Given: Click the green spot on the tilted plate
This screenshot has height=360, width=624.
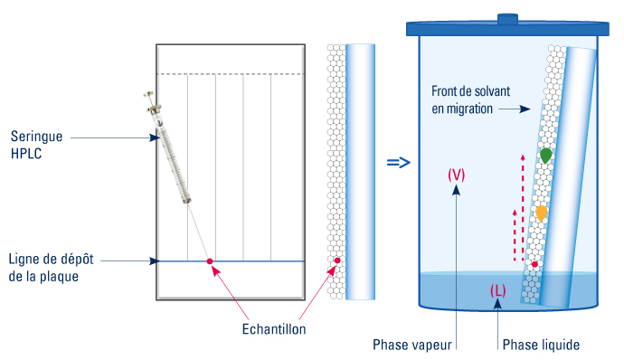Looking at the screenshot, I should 545,156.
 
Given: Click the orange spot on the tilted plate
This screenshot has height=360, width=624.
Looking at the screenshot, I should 541,213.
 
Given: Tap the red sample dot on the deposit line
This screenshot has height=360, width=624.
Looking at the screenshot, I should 211,261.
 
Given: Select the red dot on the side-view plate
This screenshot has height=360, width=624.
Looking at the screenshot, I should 336,261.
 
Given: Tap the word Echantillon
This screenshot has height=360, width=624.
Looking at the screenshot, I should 274,329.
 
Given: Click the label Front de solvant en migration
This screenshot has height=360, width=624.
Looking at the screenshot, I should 462,99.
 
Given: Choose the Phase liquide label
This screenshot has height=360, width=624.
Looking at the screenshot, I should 540,345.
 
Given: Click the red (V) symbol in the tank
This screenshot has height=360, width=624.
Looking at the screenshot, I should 457,175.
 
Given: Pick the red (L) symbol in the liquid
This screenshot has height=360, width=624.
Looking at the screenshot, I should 497,290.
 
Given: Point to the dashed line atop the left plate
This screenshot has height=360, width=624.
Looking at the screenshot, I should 231,74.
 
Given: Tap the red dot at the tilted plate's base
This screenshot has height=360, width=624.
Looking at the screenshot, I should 534,264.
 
